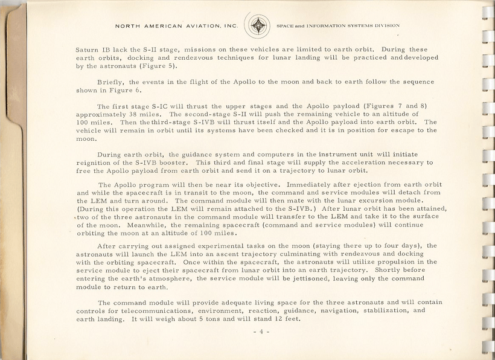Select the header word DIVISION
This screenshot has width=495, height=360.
[x=386, y=27]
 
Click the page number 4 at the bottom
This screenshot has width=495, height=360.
[x=260, y=332]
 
